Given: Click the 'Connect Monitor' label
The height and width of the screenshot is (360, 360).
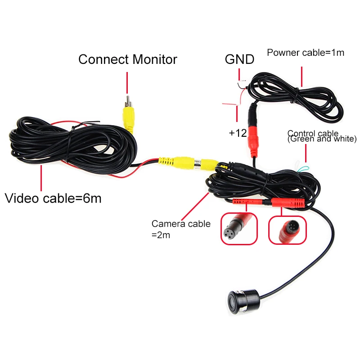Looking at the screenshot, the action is (128, 59).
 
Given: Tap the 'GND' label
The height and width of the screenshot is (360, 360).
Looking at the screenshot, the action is (239, 59).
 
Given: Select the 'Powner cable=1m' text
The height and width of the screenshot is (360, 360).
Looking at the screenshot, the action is (306, 53).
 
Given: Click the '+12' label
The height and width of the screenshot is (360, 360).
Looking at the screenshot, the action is (238, 133).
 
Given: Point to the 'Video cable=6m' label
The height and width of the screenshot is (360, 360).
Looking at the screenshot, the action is (53, 198).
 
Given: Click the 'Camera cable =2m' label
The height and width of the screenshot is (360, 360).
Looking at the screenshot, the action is (181, 229).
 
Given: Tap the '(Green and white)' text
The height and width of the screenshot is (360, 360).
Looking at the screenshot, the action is (322, 139).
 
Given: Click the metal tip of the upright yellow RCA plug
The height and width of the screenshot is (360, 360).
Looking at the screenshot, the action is (127, 101).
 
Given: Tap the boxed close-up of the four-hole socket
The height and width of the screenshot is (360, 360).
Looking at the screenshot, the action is (239, 229).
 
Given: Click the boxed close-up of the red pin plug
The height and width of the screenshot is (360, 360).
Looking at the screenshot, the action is (288, 230).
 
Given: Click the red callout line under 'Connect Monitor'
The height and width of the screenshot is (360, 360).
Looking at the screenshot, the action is (127, 83).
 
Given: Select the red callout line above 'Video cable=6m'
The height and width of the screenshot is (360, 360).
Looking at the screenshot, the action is (41, 178).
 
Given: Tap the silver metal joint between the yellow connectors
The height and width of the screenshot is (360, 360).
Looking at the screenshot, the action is (197, 164).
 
